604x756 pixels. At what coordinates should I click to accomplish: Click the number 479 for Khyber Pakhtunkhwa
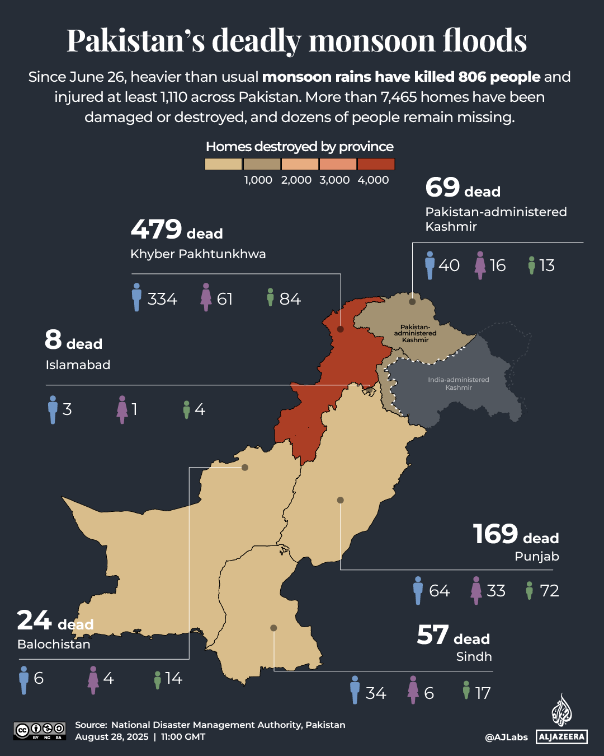(x=156, y=229)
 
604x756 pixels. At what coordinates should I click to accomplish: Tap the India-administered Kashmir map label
(x=459, y=384)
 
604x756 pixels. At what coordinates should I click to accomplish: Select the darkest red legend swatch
(x=376, y=164)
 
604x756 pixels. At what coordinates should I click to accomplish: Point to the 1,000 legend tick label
(x=258, y=180)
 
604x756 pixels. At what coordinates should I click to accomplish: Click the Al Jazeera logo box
(x=561, y=736)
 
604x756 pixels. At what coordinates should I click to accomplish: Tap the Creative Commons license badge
(x=40, y=731)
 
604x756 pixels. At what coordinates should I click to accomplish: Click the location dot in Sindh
(x=273, y=628)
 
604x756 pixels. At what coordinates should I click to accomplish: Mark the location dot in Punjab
(x=340, y=500)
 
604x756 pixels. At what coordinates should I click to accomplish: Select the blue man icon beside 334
(x=136, y=297)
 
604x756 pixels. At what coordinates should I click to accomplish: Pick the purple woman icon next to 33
(x=476, y=590)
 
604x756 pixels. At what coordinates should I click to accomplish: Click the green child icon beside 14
(x=158, y=679)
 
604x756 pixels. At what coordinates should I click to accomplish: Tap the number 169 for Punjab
(x=496, y=534)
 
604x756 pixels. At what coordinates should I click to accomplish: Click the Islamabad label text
(x=78, y=365)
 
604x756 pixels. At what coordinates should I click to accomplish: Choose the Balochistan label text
(x=54, y=645)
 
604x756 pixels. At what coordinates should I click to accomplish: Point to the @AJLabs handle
(x=506, y=737)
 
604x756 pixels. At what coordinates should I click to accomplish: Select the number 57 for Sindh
(x=432, y=635)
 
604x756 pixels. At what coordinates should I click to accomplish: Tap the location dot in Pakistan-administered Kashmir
(x=412, y=302)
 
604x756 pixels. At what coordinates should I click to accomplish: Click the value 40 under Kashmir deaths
(x=449, y=265)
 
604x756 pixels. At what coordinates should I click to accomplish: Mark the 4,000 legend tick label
(x=373, y=180)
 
